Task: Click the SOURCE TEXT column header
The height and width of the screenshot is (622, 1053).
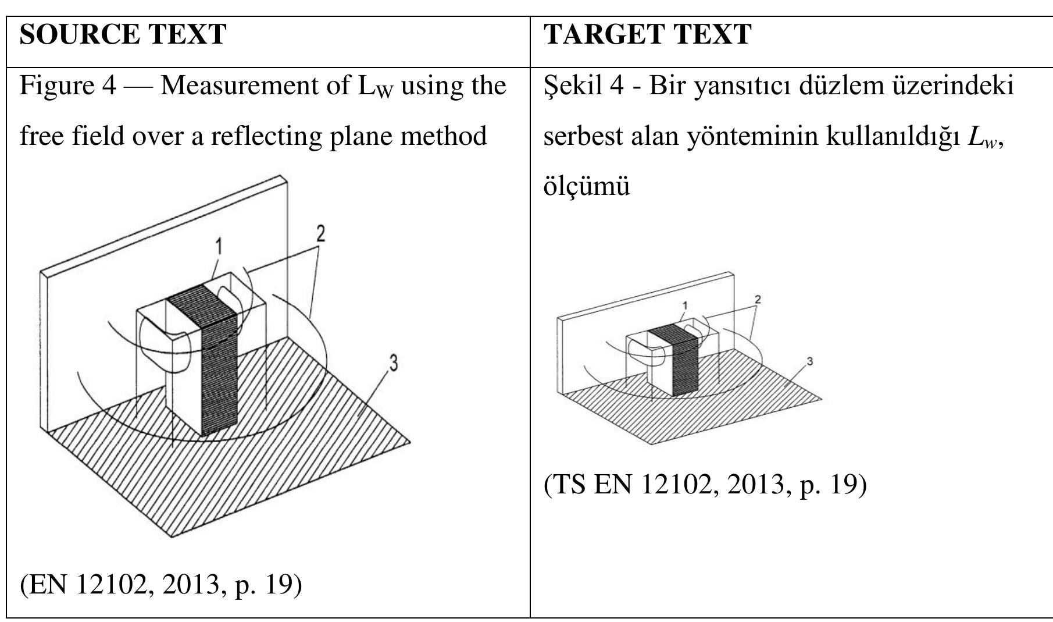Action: pyautogui.click(x=123, y=34)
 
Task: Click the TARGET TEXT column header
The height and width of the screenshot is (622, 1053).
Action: pyautogui.click(x=647, y=34)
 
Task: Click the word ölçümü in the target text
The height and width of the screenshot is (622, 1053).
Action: pyautogui.click(x=587, y=187)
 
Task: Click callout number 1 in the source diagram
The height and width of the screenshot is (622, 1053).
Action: pyautogui.click(x=219, y=247)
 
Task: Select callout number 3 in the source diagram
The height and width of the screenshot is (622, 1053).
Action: pyautogui.click(x=394, y=363)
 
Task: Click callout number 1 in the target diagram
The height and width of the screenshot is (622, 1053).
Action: pyautogui.click(x=685, y=305)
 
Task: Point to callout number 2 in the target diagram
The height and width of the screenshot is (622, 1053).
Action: pyautogui.click(x=757, y=300)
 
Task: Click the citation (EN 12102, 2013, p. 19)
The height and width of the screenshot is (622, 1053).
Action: pyautogui.click(x=161, y=584)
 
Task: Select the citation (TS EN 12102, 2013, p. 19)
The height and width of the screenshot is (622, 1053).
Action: pyautogui.click(x=705, y=484)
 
